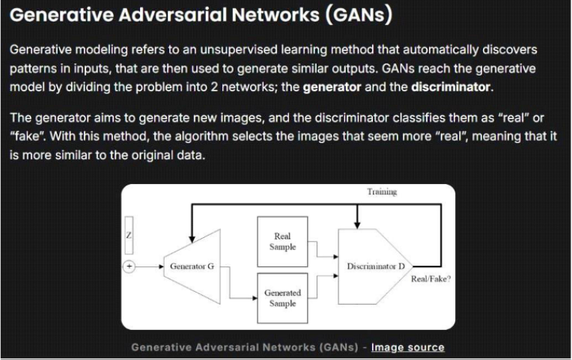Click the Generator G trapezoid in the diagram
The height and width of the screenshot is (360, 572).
click(192, 266)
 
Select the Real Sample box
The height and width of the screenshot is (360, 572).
click(282, 242)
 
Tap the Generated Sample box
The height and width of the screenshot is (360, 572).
click(282, 298)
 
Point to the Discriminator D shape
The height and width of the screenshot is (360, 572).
click(375, 266)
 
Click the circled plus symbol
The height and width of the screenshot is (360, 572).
click(129, 266)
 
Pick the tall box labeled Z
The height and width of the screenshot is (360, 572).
click(129, 235)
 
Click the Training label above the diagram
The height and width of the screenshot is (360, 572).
click(382, 192)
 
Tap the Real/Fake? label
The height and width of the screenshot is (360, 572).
click(430, 279)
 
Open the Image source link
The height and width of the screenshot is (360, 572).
click(408, 347)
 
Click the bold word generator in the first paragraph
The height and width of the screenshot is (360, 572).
click(332, 87)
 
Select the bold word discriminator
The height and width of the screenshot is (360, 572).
click(451, 87)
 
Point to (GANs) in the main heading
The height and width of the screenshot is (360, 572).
click(359, 15)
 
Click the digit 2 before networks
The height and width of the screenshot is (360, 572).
click(214, 87)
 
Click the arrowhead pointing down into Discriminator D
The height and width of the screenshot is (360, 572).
click(357, 225)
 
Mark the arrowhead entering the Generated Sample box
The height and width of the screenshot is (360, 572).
click(255, 299)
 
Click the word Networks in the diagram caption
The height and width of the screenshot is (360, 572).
click(289, 347)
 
